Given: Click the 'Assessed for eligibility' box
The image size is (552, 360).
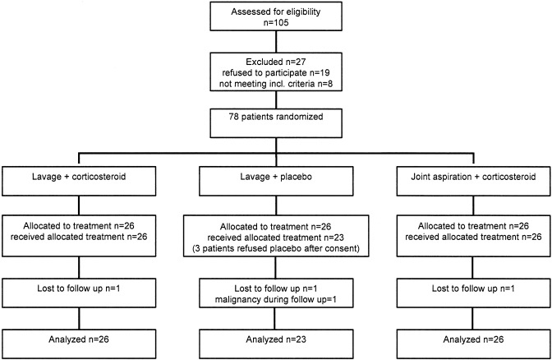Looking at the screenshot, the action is [x=276, y=16].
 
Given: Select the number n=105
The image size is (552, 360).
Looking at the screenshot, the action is [x=276, y=23].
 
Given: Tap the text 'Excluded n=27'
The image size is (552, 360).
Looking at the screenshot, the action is [x=276, y=62].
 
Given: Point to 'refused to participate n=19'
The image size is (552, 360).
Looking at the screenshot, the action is [x=276, y=73].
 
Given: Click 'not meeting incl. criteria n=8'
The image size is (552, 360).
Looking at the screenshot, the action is [x=276, y=84].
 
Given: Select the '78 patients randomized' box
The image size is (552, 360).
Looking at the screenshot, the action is [x=276, y=123].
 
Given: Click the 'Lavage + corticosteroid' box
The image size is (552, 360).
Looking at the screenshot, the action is [x=79, y=181].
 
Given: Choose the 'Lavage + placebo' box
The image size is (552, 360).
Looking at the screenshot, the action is [x=276, y=181].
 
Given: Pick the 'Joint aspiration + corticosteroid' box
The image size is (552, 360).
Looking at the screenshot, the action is [x=473, y=181].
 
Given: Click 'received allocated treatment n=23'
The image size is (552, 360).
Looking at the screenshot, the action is [x=276, y=238].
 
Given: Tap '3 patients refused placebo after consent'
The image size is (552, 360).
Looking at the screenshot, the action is [x=276, y=249].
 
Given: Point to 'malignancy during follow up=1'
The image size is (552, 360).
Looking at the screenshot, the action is [x=276, y=300].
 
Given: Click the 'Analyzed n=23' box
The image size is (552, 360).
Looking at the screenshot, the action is [x=276, y=344].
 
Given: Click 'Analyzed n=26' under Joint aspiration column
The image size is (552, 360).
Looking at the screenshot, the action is [x=473, y=344].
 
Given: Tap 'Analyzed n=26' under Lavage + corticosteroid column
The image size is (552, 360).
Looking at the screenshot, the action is [x=79, y=344].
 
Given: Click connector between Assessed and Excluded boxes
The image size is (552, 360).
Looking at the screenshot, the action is [x=276, y=42].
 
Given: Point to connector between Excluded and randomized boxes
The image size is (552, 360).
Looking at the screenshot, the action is [x=276, y=100].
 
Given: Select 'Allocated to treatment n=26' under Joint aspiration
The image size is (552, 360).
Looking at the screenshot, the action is [x=473, y=226].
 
